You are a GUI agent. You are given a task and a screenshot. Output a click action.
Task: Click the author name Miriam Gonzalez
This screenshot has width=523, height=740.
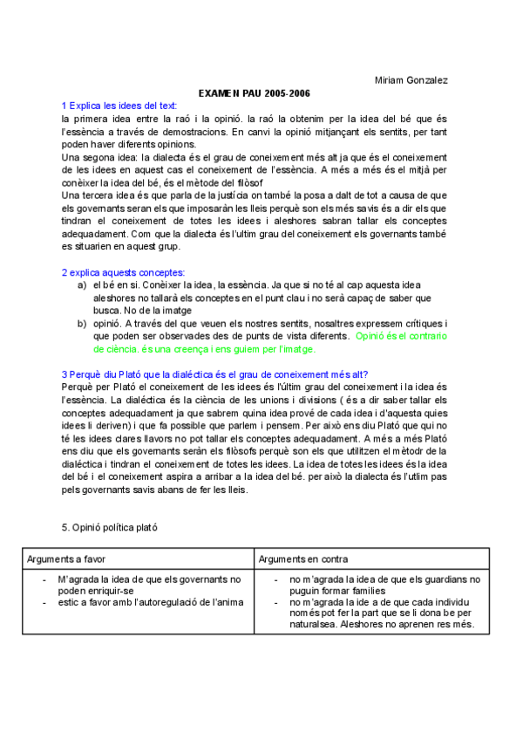[x=411, y=80]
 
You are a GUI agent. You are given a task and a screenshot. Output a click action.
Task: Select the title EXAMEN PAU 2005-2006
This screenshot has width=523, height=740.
[x=255, y=92]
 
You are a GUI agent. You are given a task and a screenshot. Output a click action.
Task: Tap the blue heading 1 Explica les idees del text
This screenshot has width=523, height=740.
[x=119, y=105]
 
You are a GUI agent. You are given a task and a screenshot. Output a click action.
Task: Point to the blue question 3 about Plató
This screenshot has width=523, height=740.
[x=214, y=374]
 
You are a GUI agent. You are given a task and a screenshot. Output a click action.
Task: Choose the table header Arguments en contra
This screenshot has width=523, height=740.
[x=303, y=558]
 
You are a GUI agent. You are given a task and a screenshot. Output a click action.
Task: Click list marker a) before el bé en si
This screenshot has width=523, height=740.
[x=82, y=284]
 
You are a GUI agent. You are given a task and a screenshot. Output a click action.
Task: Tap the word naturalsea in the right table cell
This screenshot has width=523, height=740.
[x=313, y=625]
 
